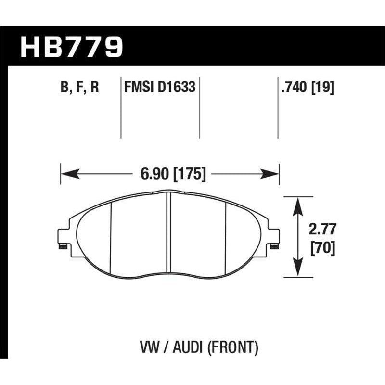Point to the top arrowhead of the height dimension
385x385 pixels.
[298, 202]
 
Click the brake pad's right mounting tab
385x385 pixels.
[274, 238]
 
